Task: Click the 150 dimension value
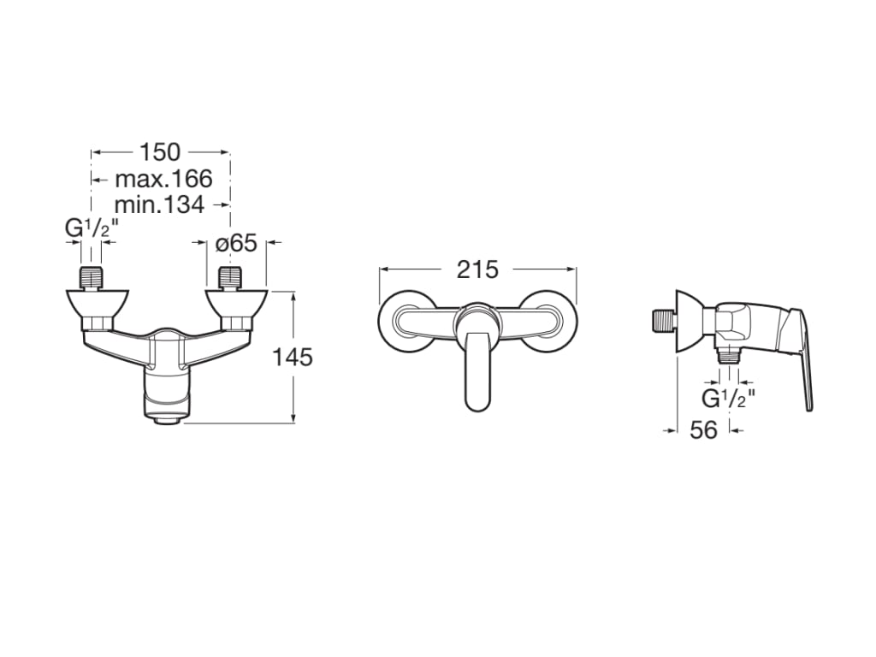[160, 152]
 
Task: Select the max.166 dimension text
[163, 179]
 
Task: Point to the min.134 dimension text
[159, 204]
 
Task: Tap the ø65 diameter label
[236, 243]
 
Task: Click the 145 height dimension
[293, 357]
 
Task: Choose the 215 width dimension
[476, 269]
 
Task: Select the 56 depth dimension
[703, 430]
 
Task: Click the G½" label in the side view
[728, 399]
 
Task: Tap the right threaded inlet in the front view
[229, 279]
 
